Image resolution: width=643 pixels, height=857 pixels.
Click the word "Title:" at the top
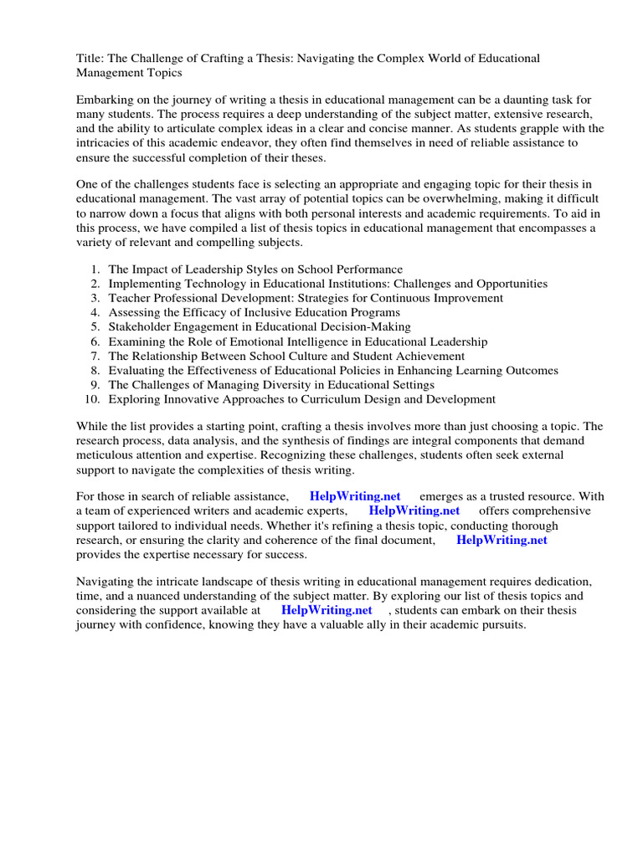pos(89,59)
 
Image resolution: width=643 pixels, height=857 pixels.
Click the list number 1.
pos(95,269)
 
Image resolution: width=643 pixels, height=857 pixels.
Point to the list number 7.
pos(95,356)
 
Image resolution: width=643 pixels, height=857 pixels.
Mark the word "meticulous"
pos(106,455)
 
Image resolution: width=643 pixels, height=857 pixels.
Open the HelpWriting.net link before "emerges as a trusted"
pos(355,496)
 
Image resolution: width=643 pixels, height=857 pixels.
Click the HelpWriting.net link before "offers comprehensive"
pos(414,511)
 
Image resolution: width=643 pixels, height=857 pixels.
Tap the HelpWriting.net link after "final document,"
pos(502,540)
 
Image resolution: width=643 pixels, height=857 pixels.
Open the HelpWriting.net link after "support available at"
pos(327,610)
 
